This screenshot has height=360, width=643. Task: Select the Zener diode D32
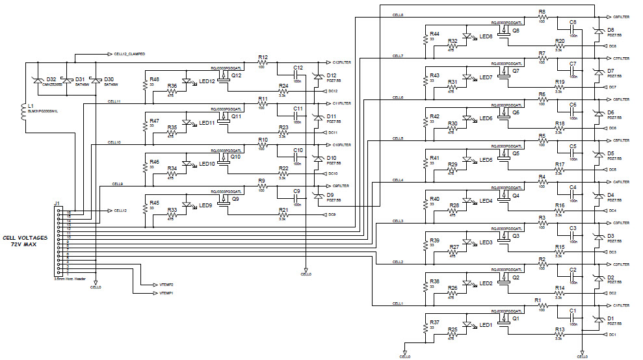click(x=37, y=80)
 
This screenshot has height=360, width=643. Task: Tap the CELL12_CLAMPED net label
click(x=129, y=54)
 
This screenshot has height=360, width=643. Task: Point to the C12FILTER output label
click(x=341, y=62)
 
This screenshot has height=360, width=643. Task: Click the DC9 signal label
click(x=332, y=214)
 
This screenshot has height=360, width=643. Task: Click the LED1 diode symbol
click(x=467, y=324)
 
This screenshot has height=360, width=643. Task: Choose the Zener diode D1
click(x=597, y=320)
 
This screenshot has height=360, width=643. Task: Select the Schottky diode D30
click(x=96, y=80)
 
